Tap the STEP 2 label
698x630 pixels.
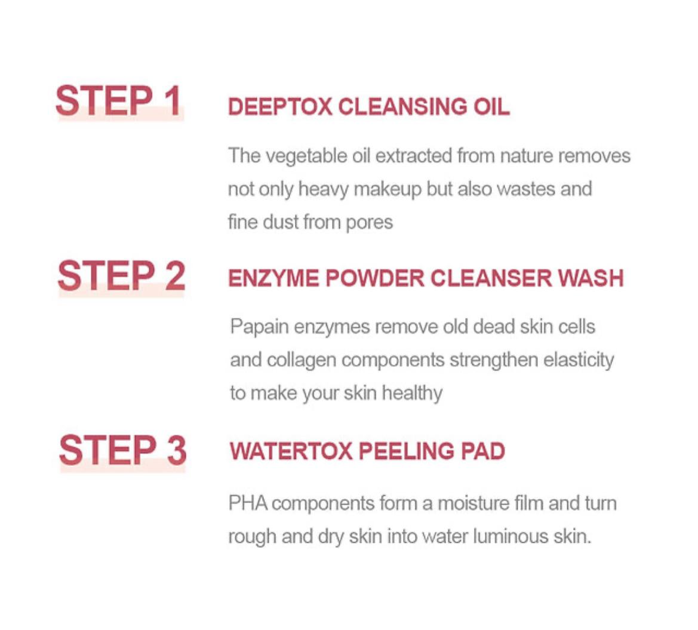pyautogui.click(x=121, y=276)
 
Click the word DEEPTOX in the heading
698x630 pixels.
pyautogui.click(x=279, y=107)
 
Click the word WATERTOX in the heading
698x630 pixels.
pyautogui.click(x=291, y=451)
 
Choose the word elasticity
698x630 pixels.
pyautogui.click(x=578, y=360)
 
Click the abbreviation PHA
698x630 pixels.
pyautogui.click(x=247, y=503)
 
